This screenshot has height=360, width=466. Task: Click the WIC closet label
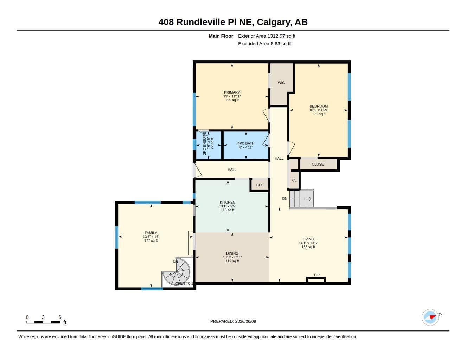tap(281, 83)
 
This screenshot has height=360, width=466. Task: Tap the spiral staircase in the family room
tap(177, 271)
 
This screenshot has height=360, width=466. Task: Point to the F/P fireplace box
tap(316, 279)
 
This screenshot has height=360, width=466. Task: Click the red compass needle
tap(433, 317)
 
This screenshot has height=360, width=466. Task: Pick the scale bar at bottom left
tap(43, 322)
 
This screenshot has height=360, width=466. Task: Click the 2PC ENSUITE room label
tap(204, 143)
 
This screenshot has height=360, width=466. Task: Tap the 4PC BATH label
tap(246, 143)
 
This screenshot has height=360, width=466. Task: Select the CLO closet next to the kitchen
tap(260, 185)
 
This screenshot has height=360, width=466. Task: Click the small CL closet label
tap(294, 180)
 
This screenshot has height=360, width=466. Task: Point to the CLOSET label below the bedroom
tap(319, 164)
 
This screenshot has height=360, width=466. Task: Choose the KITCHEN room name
tap(227, 202)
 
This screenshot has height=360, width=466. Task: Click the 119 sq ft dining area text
tap(232, 261)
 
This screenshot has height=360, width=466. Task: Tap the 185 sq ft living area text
tap(308, 247)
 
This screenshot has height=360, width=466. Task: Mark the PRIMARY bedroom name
tap(232, 92)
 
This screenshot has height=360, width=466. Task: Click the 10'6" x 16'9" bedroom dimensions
tap(319, 110)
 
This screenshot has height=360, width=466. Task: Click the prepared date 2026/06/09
tap(245, 321)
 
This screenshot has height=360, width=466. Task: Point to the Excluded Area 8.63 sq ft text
tap(264, 44)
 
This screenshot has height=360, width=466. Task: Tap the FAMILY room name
tap(151, 233)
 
